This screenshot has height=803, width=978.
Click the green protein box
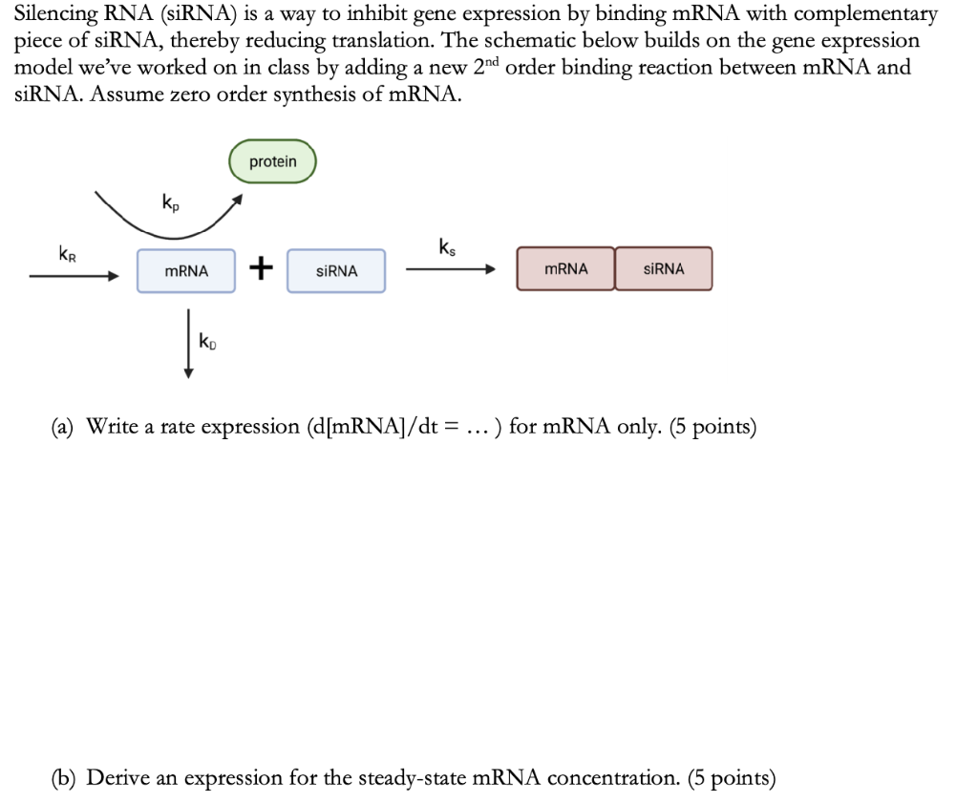[x=272, y=162]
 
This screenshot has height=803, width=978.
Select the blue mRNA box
[x=186, y=271]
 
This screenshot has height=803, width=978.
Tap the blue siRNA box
[x=336, y=271]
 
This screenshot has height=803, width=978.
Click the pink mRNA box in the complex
[x=565, y=269]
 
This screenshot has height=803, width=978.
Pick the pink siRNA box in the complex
[x=664, y=269]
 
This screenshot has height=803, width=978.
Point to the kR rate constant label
[x=68, y=254]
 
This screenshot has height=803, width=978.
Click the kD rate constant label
[x=206, y=341]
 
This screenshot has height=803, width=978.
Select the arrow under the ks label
[x=450, y=270]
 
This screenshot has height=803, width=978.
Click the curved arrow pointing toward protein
[x=167, y=222]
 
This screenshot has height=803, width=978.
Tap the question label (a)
[x=65, y=427]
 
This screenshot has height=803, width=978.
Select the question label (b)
[x=66, y=778]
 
